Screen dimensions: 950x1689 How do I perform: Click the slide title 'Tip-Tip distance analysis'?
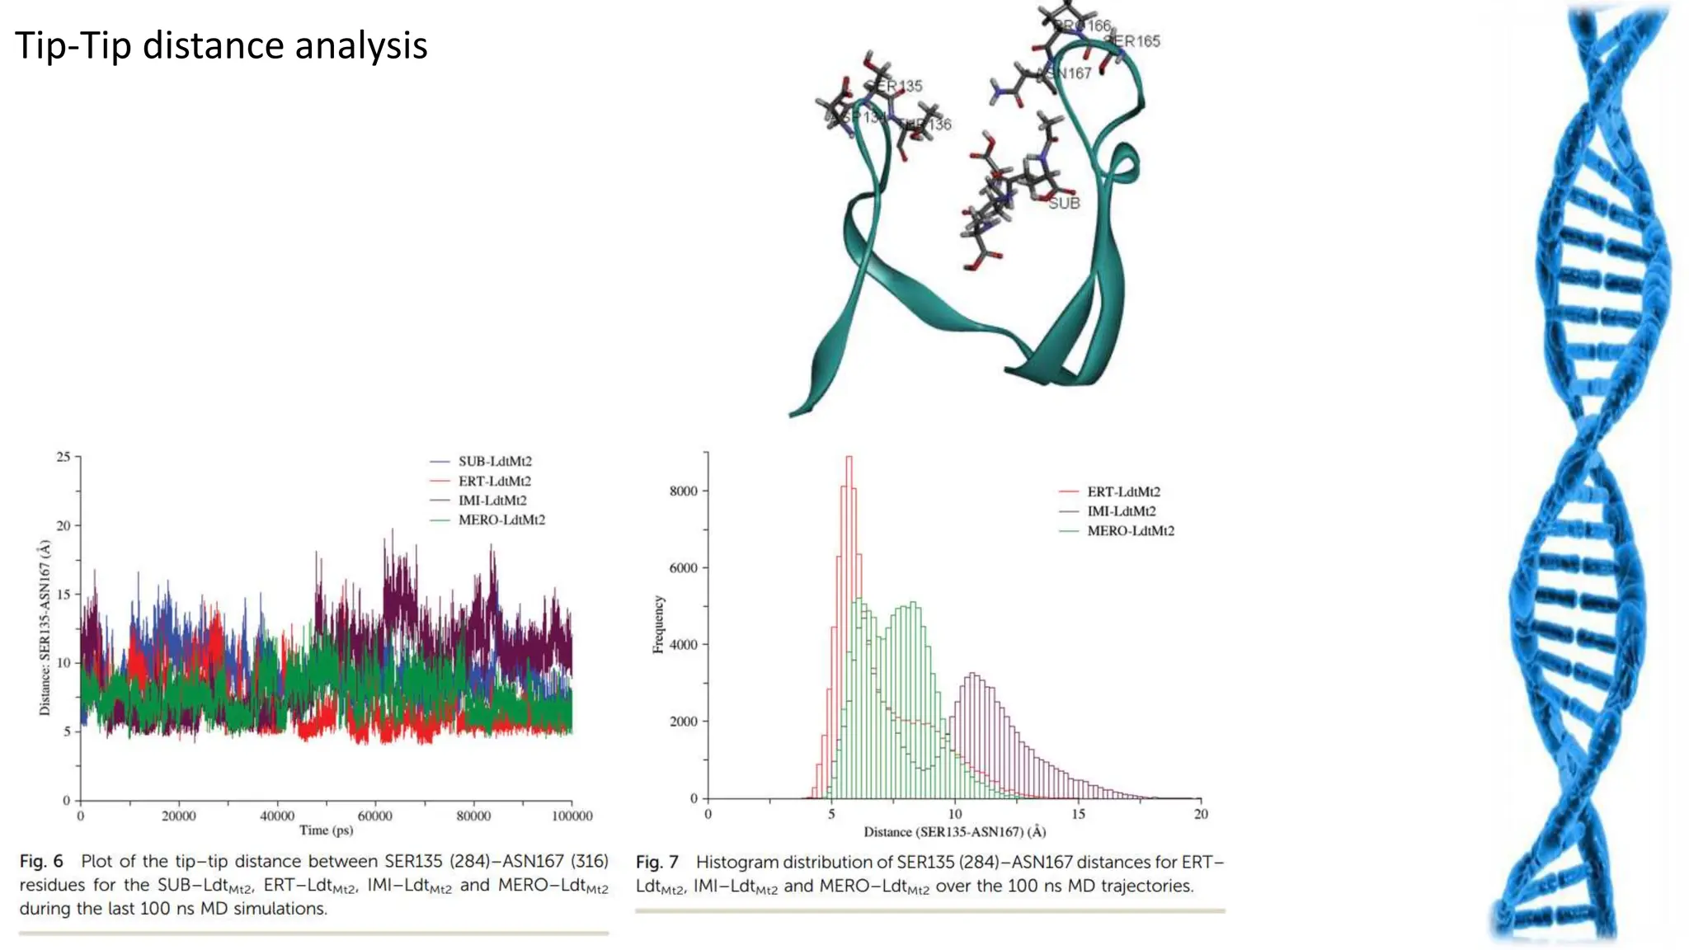221,46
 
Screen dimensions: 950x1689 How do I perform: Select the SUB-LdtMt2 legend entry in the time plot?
495,461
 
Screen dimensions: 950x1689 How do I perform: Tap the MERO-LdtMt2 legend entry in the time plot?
501,520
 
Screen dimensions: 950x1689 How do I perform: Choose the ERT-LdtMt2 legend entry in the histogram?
1123,491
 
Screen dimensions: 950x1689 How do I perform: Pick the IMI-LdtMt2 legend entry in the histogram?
1121,511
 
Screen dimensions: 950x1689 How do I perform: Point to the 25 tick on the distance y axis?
64,456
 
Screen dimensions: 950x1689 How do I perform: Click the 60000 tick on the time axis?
375,816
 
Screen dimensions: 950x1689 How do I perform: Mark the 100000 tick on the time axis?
572,816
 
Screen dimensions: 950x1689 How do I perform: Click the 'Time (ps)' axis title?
326,830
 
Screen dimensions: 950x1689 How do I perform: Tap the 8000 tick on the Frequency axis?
684,491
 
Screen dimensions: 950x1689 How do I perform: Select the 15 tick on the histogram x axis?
1078,814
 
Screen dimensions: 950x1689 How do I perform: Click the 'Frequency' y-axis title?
658,624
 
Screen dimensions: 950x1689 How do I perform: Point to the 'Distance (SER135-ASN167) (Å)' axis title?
954,831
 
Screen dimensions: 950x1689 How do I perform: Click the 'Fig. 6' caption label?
41,862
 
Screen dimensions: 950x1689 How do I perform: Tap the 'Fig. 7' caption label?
657,863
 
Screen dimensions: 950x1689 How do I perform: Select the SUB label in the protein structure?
1064,203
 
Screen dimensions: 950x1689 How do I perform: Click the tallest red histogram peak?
849,459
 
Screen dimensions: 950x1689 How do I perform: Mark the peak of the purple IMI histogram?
974,675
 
